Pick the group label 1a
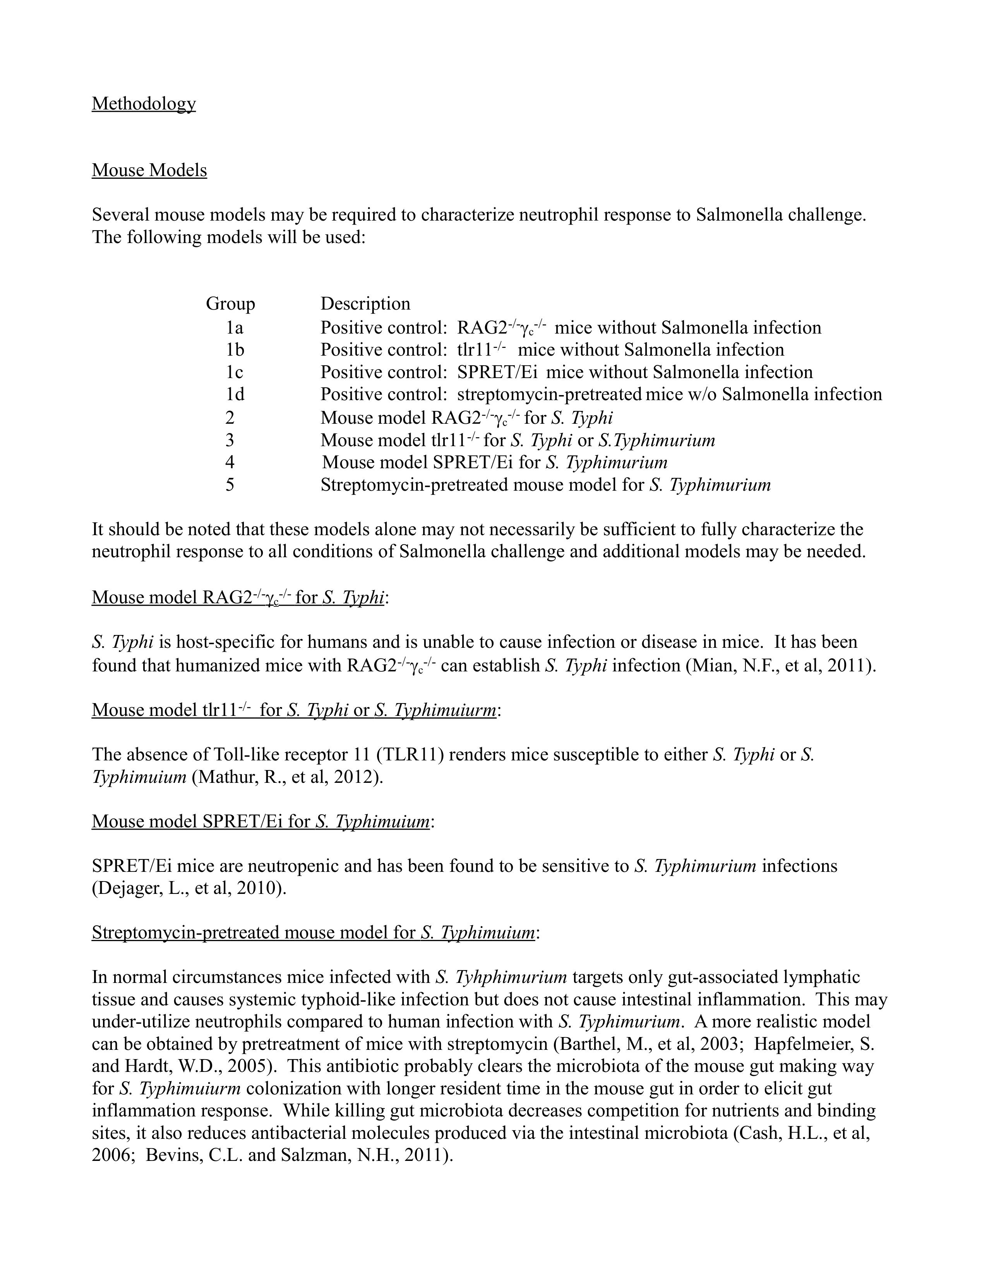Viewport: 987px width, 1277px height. click(x=235, y=327)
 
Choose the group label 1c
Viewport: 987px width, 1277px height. click(x=235, y=372)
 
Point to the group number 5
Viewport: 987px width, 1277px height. click(x=230, y=485)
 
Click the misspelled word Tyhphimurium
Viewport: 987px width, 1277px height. click(x=511, y=977)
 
